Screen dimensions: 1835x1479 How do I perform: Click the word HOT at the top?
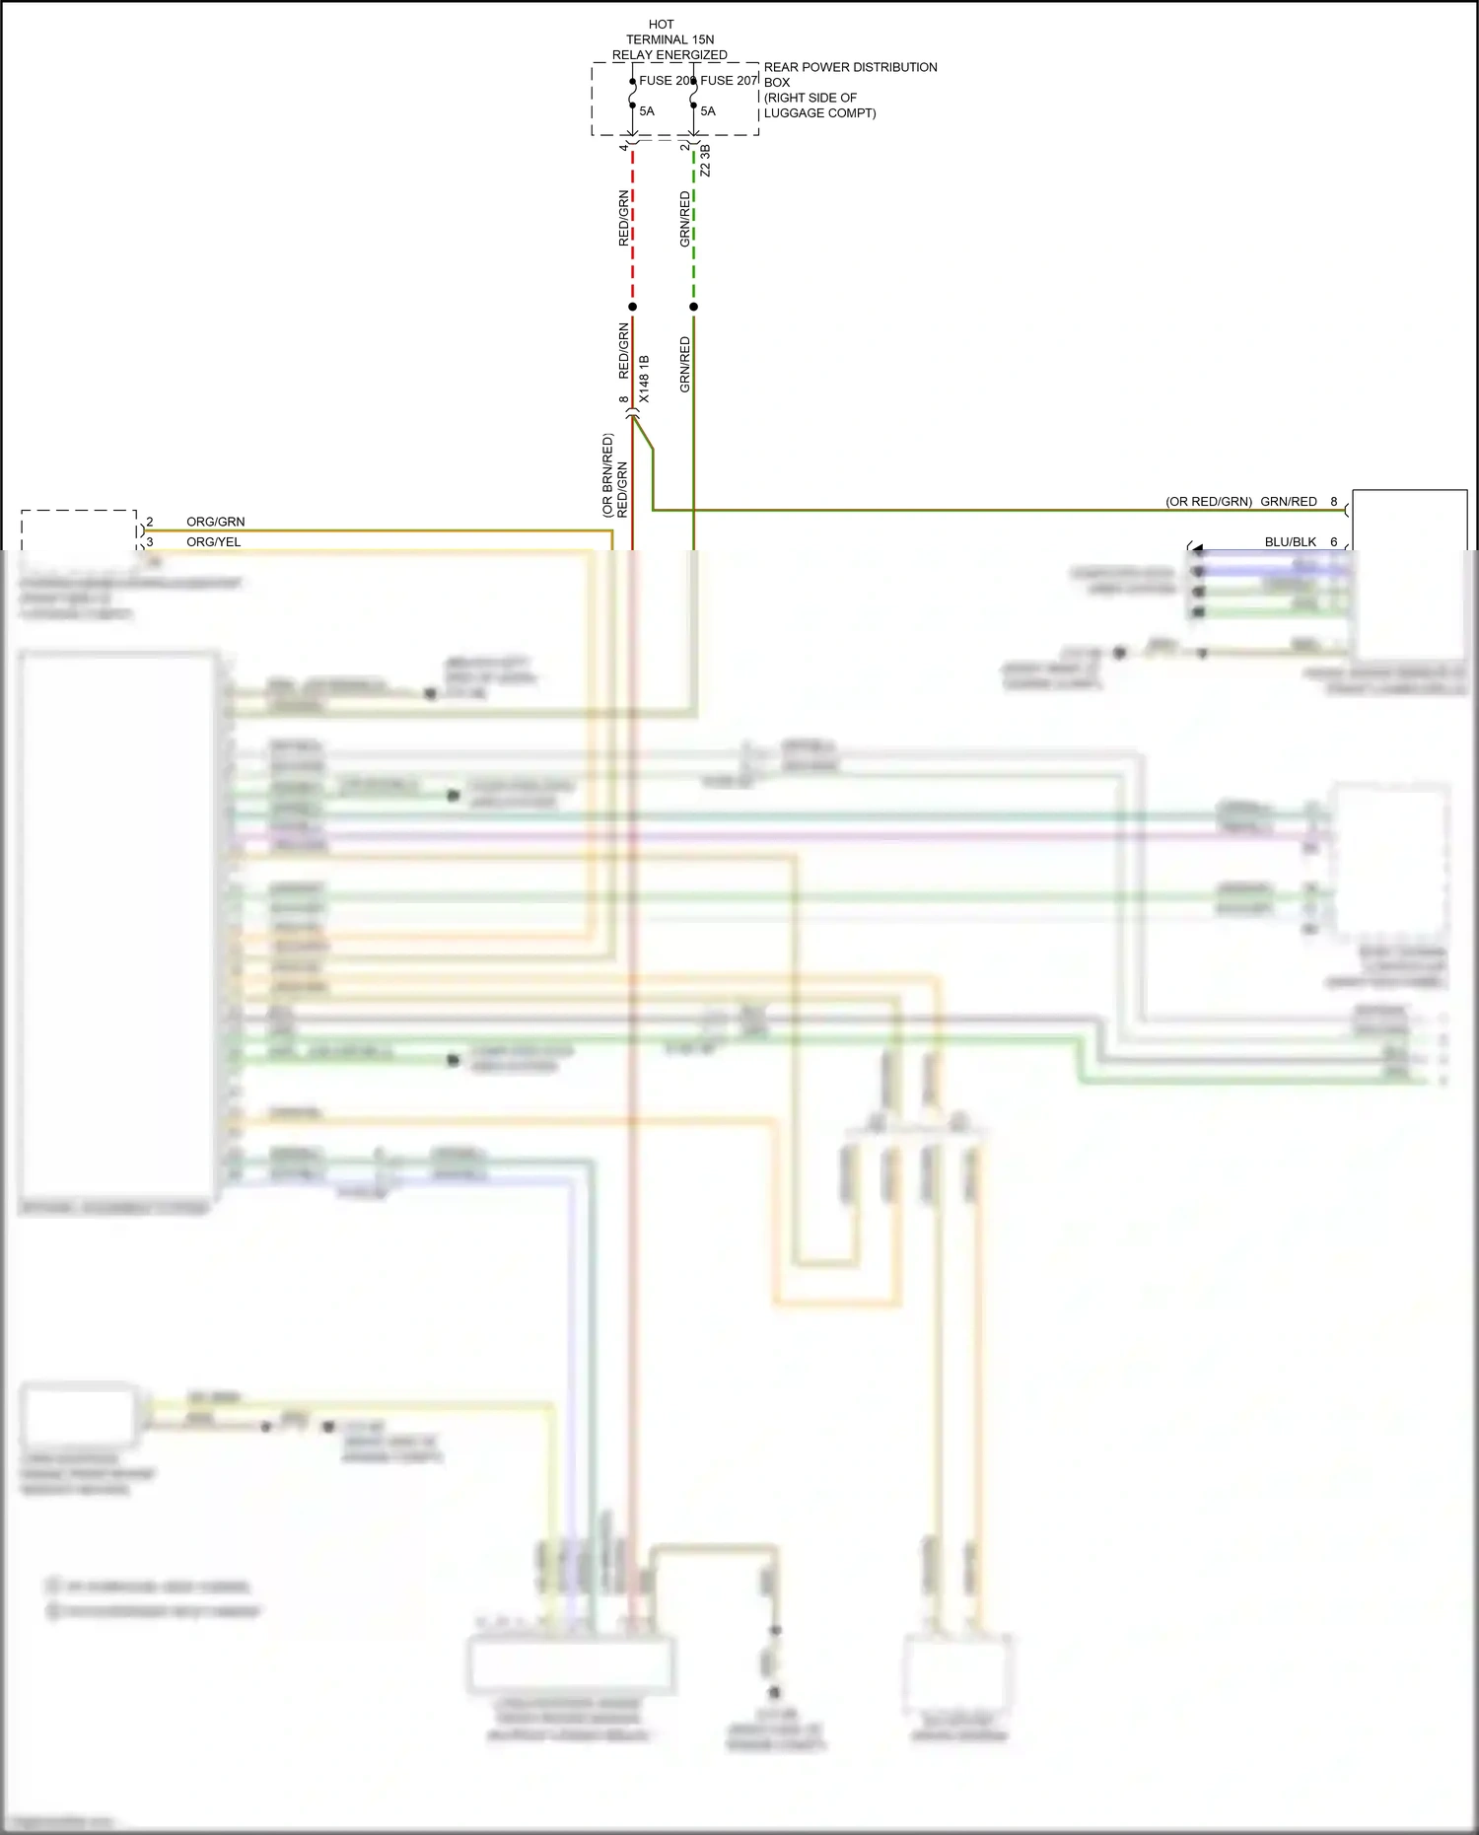(661, 25)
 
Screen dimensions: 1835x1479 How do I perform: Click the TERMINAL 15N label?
(669, 39)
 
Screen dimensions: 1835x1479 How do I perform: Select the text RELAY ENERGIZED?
(669, 55)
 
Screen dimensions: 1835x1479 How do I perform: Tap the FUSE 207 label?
(729, 81)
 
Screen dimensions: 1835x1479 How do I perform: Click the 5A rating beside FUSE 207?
(708, 111)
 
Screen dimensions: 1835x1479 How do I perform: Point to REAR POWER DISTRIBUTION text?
(850, 67)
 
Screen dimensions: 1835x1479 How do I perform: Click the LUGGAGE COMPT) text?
(819, 113)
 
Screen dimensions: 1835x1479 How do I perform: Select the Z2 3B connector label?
(705, 162)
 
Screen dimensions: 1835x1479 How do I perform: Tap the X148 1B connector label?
(644, 379)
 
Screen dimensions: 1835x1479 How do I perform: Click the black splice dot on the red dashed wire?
(633, 307)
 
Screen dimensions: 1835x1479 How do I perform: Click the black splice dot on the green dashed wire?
(694, 307)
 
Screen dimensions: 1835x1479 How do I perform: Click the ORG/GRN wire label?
(215, 522)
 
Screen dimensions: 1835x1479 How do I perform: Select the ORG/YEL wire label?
(213, 542)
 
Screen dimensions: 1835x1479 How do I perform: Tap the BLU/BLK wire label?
(1290, 542)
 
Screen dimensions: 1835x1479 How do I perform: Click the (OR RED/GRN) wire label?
(1209, 502)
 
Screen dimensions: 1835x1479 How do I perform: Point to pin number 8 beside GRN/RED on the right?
(1334, 502)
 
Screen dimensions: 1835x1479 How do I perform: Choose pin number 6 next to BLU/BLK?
(1334, 542)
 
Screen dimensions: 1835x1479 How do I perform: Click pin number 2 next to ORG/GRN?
(150, 522)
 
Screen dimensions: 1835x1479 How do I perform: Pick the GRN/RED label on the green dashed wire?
(685, 219)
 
